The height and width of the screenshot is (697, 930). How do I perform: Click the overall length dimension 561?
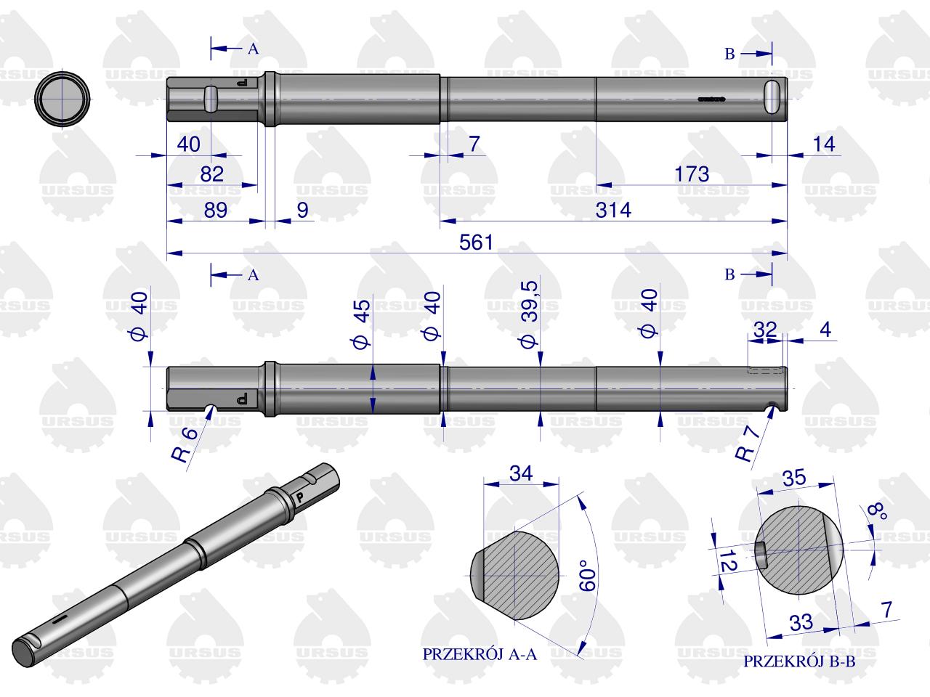[476, 242]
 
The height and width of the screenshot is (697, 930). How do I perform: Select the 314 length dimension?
[613, 210]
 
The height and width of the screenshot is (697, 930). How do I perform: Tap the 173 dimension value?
[692, 174]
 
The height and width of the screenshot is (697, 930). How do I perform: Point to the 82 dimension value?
[212, 174]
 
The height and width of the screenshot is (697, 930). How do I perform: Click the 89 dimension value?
[215, 210]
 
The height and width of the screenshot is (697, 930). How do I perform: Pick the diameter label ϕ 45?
[361, 324]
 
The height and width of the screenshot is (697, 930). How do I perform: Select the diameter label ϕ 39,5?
[529, 314]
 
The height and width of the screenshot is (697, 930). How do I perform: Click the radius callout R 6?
[185, 444]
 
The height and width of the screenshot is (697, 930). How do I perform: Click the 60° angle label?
[588, 576]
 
